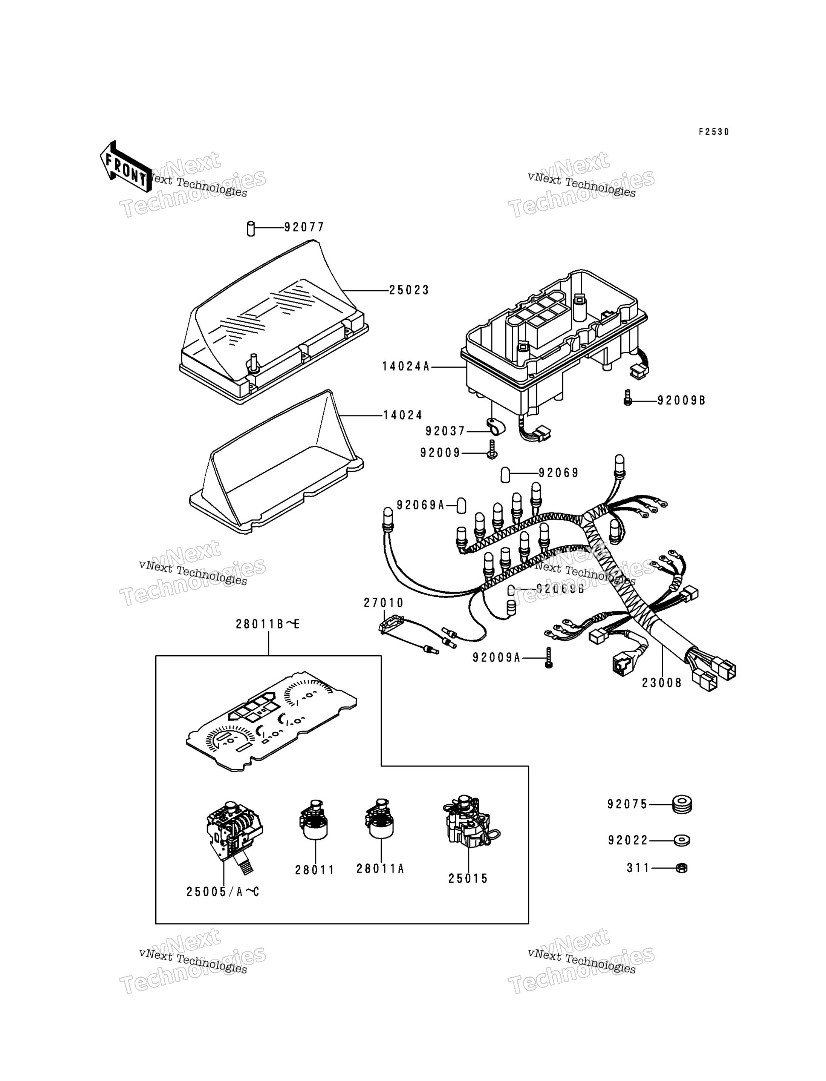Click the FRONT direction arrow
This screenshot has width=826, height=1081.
[x=125, y=167]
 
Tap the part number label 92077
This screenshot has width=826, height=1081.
[x=304, y=227]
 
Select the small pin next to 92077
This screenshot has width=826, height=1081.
[x=251, y=229]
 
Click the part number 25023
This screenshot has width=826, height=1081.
[x=409, y=290]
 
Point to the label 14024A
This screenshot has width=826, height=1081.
[x=405, y=366]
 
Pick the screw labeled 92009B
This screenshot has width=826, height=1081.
[x=627, y=397]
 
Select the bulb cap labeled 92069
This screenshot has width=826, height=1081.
[x=505, y=475]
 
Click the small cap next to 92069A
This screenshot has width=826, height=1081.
[x=461, y=505]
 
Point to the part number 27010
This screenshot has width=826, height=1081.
[x=384, y=603]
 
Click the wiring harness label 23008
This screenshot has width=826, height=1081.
[x=662, y=683]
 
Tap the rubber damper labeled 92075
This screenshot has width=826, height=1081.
[x=682, y=805]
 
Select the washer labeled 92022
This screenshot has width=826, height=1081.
[x=681, y=840]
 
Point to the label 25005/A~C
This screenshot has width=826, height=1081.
[x=223, y=892]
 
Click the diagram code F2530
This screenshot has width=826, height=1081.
[x=714, y=132]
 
